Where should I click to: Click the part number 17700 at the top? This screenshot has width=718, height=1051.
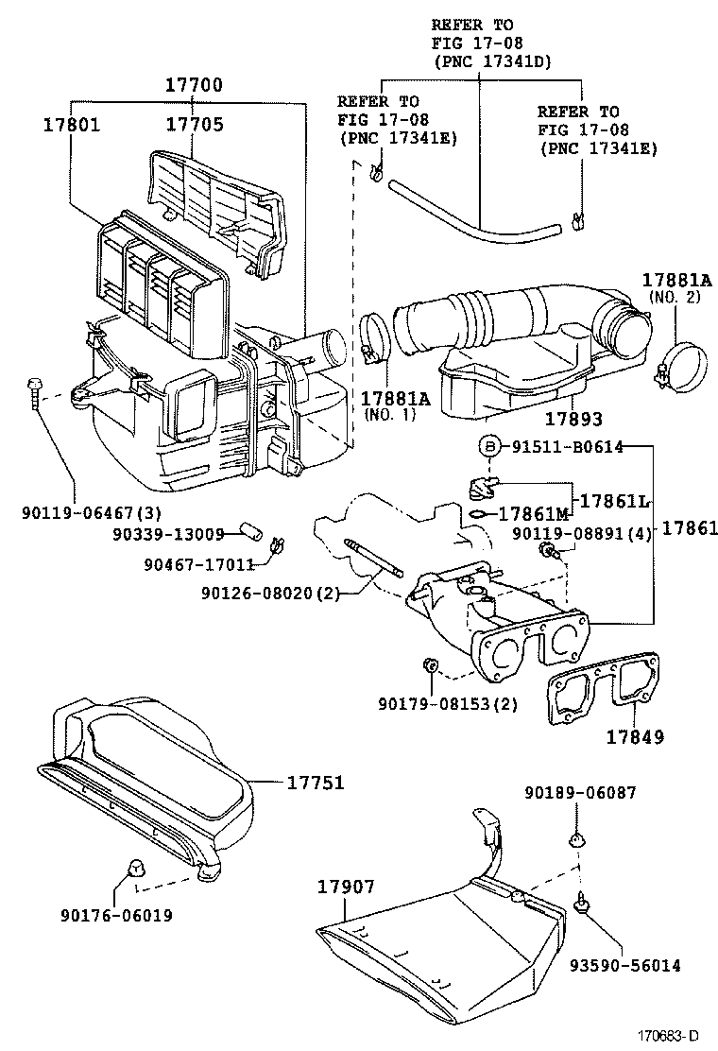194,85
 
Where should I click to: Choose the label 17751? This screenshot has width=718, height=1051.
316,783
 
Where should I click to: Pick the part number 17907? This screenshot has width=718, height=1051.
346,887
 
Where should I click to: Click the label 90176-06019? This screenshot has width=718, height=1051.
115,915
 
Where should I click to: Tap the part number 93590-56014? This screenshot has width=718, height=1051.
624,965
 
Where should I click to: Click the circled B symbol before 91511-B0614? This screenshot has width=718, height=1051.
489,447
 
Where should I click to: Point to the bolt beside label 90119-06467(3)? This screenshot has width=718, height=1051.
35,391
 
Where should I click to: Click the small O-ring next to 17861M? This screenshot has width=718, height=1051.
479,514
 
